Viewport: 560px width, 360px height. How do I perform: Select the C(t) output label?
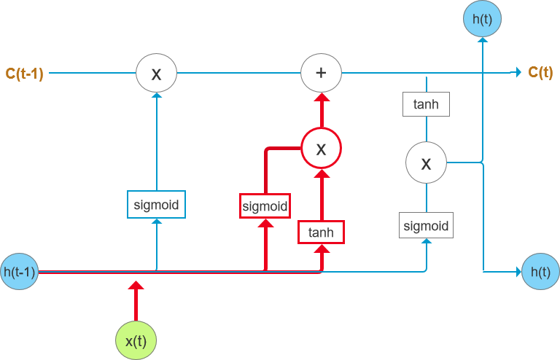(540, 72)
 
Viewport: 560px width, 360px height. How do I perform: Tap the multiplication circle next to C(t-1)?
(156, 73)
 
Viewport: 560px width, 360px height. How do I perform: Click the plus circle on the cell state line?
(322, 73)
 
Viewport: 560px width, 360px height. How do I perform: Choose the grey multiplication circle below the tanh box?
(427, 163)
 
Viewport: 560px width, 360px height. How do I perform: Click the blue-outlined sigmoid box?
(156, 204)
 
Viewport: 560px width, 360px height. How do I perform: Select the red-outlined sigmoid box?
(265, 206)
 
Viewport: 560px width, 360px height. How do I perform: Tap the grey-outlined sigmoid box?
(427, 224)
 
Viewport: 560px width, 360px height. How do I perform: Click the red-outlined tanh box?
(321, 232)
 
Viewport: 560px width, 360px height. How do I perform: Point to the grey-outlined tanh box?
(427, 104)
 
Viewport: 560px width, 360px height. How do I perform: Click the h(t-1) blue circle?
(20, 272)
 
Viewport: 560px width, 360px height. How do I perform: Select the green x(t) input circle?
(136, 340)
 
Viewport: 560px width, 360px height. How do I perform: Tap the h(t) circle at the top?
(481, 20)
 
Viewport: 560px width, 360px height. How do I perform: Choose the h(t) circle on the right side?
(540, 272)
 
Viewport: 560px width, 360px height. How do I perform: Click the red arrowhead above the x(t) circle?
(136, 285)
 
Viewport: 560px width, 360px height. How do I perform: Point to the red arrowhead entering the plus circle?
(321, 98)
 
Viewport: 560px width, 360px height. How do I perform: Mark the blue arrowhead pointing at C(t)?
(516, 72)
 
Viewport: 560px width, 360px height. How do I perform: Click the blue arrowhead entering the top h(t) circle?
(481, 43)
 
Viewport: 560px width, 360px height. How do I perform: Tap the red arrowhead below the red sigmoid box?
(265, 224)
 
